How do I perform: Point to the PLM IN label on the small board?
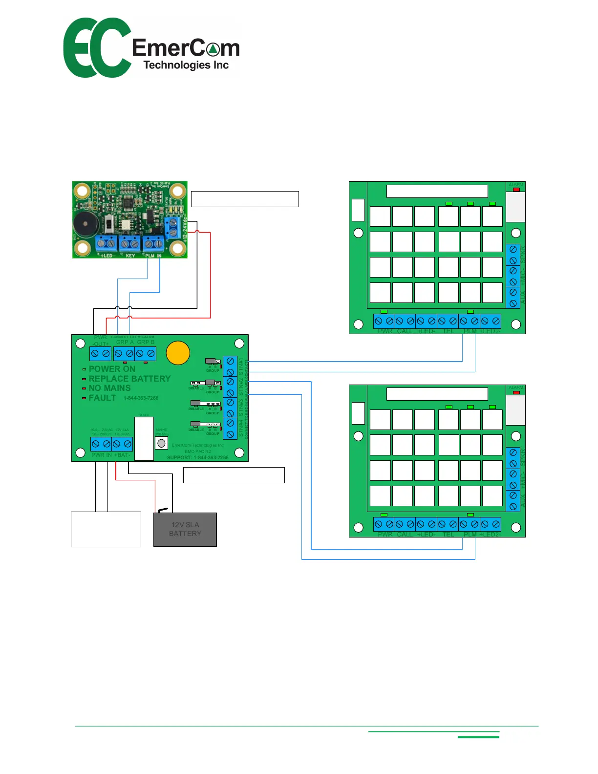(x=153, y=256)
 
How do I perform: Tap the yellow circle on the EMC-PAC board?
(x=178, y=353)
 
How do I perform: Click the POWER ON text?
(x=112, y=369)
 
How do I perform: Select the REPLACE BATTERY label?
(x=129, y=379)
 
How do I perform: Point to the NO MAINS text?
(x=109, y=388)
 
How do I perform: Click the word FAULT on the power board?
(x=102, y=398)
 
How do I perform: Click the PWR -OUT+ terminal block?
(x=100, y=353)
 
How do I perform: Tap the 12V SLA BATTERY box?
(x=185, y=530)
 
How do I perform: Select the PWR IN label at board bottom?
(x=102, y=455)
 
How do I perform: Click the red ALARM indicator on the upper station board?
(x=516, y=190)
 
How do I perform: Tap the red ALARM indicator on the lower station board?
(x=516, y=392)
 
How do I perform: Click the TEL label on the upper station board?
(x=448, y=331)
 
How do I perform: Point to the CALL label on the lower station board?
(x=405, y=535)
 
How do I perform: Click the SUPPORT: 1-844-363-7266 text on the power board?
(x=197, y=458)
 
